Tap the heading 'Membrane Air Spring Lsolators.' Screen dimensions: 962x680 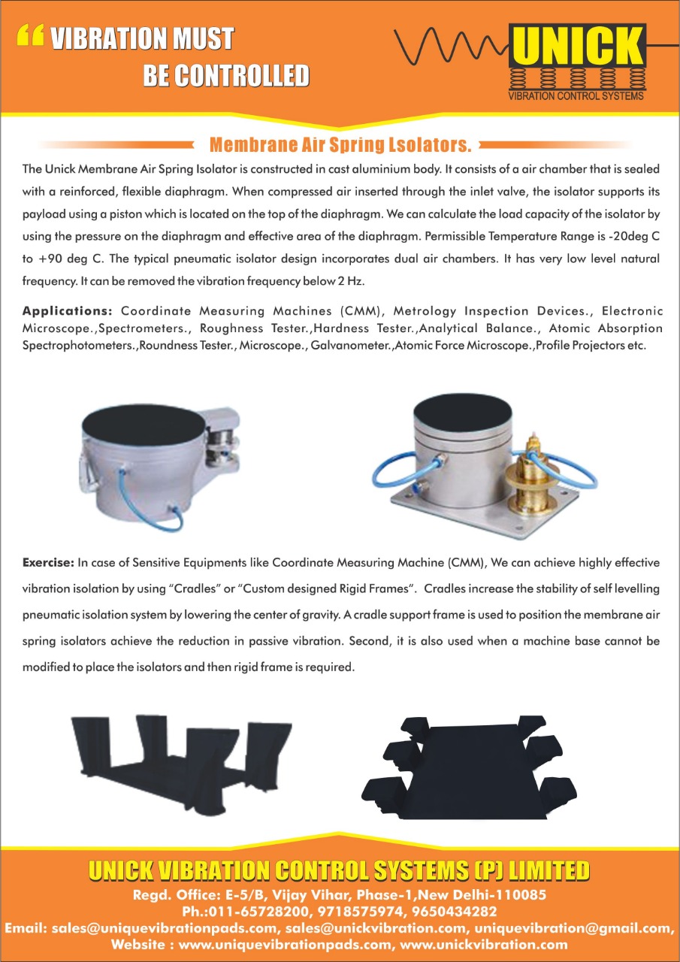(340, 144)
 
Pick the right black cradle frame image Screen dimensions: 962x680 (470, 767)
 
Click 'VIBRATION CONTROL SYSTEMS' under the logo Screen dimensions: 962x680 (576, 95)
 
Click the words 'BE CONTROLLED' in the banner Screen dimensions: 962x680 (225, 75)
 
